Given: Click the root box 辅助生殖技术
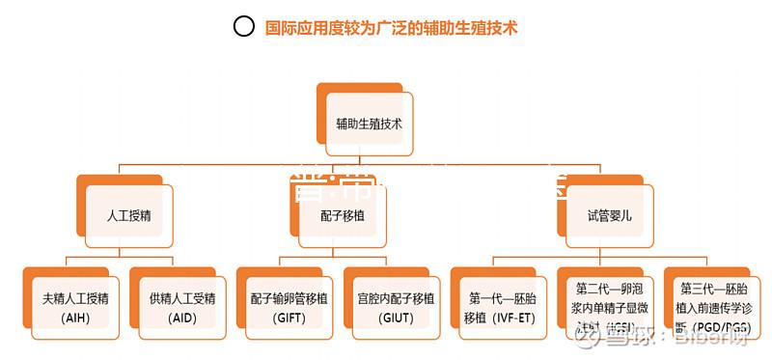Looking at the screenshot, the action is tap(370, 125).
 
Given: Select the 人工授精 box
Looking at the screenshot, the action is tap(128, 215).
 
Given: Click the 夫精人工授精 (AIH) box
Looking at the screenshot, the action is tap(74, 307).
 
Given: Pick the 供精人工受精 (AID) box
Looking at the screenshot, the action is tap(181, 307).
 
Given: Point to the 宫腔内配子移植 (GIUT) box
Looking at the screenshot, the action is tap(396, 307).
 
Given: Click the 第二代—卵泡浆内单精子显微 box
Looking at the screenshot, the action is tap(609, 307).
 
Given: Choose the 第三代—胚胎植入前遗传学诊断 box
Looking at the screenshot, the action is tap(715, 307).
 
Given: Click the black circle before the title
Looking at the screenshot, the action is tap(244, 27).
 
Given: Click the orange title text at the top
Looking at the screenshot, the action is tap(392, 28).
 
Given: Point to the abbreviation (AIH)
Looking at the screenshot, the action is tap(74, 318).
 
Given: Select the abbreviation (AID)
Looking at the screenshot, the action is tap(181, 318).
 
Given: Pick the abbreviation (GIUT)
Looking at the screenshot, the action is tap(396, 318).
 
